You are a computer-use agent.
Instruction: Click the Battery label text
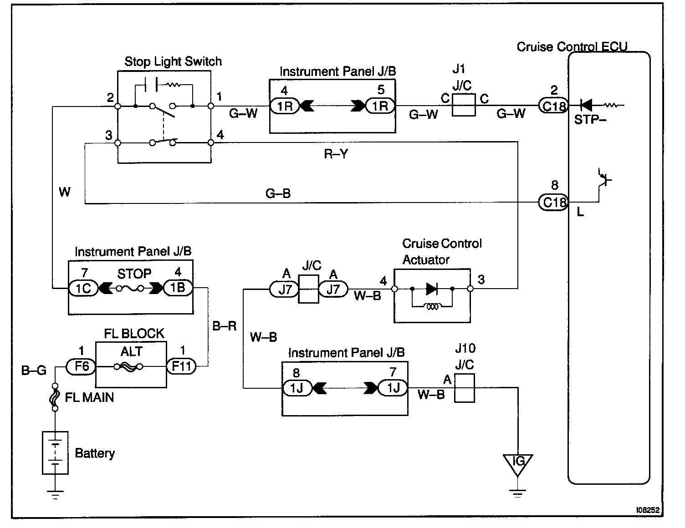coord(95,453)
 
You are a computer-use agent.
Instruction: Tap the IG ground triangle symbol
coord(517,464)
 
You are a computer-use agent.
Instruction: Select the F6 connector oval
coord(81,366)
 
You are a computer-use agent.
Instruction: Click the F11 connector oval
coord(181,366)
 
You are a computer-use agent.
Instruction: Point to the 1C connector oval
coord(83,288)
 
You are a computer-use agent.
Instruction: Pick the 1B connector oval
coord(178,288)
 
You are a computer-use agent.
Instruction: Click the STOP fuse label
coord(134,274)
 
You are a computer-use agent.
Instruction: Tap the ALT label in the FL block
coord(132,351)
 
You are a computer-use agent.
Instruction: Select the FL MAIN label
coord(89,397)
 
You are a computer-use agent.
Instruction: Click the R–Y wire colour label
coord(336,154)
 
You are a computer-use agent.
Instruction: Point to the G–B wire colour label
coord(278,193)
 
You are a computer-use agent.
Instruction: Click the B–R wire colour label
coord(225,326)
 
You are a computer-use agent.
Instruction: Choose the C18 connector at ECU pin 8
coord(553,203)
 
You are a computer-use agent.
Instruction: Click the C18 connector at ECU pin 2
coord(553,106)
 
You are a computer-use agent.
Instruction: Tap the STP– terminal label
coord(590,120)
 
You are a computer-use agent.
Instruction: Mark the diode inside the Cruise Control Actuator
coord(432,289)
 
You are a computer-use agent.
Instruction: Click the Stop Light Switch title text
coord(173,62)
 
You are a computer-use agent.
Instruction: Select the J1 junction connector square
coord(463,105)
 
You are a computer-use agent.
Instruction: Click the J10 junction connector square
coord(465,388)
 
